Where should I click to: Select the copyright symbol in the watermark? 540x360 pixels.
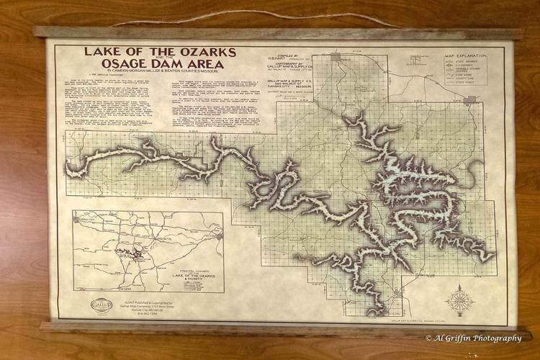click(429, 338)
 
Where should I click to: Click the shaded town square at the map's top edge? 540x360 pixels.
click(336, 55)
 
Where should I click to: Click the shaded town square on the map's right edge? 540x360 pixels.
click(469, 99)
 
